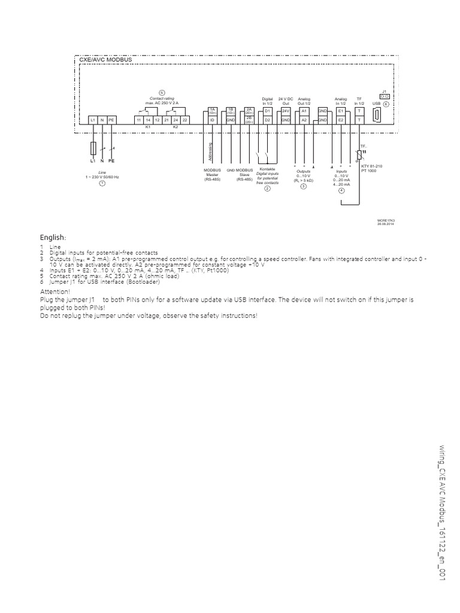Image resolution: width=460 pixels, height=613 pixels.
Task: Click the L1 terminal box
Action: coord(93,120)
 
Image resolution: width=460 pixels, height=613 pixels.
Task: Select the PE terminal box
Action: coord(111,120)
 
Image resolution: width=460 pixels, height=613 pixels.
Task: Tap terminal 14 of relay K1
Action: coord(148,120)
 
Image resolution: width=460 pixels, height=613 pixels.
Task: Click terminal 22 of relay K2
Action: coord(184,120)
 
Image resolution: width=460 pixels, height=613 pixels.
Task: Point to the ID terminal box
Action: coord(211,120)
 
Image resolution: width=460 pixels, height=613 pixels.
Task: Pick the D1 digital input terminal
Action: coord(268,111)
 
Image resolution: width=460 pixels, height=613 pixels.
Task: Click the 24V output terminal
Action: coord(286,111)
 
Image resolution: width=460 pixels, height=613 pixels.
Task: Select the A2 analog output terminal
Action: coord(304,120)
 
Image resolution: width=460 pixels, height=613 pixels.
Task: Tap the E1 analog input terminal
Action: coord(341,111)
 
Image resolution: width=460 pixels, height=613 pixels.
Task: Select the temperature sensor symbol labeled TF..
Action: coord(360,154)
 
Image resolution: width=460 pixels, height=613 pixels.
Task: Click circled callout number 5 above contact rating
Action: coord(162,92)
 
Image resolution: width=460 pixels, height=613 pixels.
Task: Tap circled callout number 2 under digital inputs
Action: coord(268,188)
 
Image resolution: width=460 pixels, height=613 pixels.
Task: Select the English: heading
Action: coord(53,238)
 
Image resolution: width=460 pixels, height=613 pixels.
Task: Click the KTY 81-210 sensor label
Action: coord(371,166)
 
